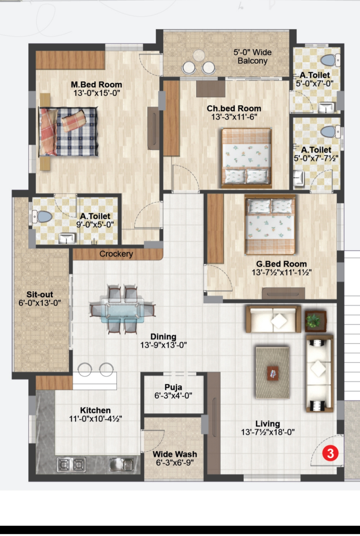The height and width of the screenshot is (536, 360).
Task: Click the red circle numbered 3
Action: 330,453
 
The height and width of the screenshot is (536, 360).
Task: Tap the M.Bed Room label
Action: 96,84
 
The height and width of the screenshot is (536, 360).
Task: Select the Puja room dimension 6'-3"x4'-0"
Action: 173,396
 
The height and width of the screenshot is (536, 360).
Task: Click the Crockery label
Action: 116,254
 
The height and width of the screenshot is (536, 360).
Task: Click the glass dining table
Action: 122,311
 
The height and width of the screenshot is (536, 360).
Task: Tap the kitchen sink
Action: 122,465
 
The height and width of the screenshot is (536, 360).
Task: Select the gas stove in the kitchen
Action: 71,465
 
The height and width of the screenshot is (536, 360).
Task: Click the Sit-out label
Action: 40,294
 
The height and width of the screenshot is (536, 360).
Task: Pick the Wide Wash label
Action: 175,454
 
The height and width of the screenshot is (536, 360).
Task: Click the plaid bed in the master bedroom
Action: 68,132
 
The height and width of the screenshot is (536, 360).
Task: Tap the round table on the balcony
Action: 199,55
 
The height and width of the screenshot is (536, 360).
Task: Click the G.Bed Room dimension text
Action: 282,272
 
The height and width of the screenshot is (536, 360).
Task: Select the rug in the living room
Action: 272,373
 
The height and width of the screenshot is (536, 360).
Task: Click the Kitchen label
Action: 95,410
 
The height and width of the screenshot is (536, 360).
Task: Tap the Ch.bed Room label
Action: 234,108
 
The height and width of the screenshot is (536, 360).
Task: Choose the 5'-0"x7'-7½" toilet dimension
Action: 316,158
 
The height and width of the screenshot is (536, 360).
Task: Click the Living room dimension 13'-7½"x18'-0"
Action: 268,432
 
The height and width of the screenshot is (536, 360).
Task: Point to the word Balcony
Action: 253,61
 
